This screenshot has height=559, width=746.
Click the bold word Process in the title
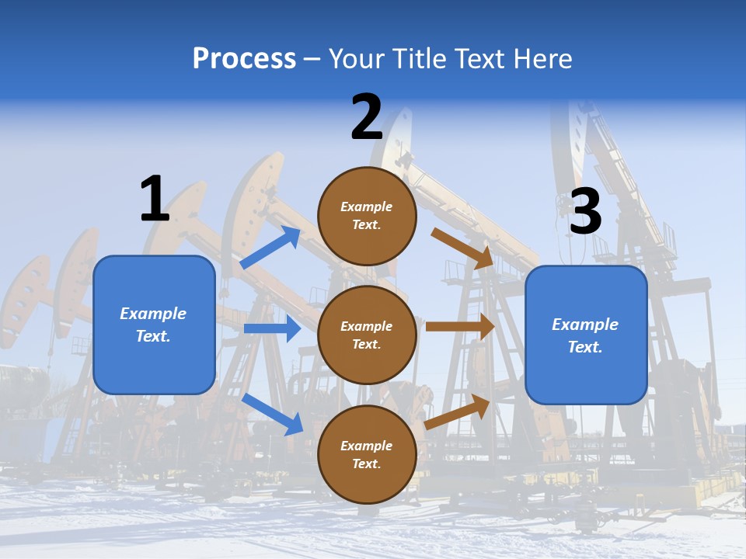click(x=244, y=59)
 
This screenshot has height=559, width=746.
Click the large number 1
click(x=155, y=199)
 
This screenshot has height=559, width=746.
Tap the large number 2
click(x=367, y=117)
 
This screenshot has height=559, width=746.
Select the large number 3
click(x=586, y=212)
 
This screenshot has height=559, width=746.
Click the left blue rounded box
click(x=154, y=325)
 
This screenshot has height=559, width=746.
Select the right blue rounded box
click(x=586, y=335)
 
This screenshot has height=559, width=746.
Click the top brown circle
click(x=367, y=216)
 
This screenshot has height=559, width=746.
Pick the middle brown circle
click(x=367, y=335)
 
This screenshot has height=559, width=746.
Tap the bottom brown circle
click(x=367, y=454)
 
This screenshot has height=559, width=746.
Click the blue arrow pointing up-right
click(x=270, y=248)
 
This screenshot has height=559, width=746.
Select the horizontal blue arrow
click(x=272, y=328)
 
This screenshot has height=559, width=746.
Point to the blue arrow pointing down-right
click(x=272, y=414)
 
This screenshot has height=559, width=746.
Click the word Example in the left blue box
click(x=153, y=314)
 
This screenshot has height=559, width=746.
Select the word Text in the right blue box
click(x=584, y=347)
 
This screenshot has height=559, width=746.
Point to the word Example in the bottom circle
click(x=367, y=446)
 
